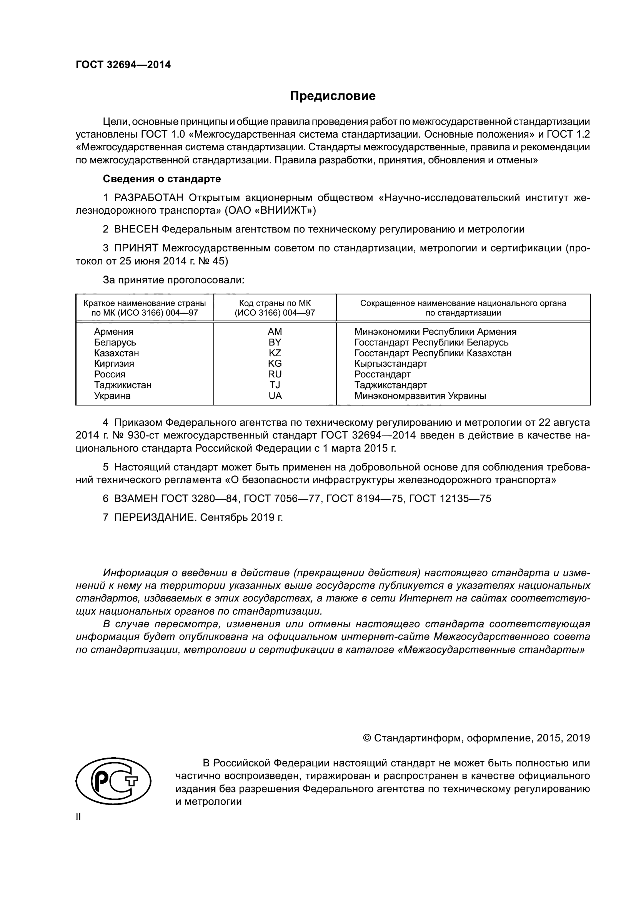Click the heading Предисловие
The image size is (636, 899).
tap(333, 96)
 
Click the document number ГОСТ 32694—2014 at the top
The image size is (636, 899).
tap(123, 65)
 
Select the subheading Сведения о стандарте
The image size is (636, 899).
tap(162, 179)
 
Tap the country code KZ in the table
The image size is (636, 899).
tap(275, 353)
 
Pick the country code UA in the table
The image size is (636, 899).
tap(275, 395)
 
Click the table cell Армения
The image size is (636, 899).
tap(113, 332)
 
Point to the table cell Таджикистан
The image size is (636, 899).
tap(123, 385)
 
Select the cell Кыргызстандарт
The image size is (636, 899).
tap(390, 363)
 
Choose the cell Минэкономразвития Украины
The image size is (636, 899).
tap(420, 395)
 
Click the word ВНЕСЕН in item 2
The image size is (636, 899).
tap(136, 229)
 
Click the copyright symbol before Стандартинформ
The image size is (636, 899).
tap(367, 738)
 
